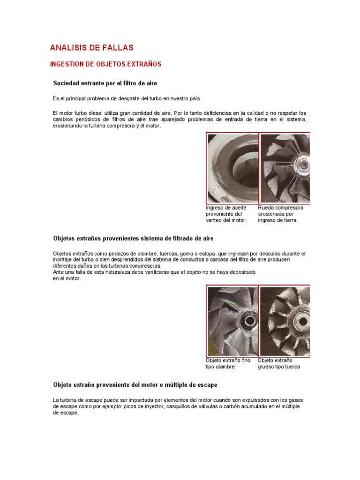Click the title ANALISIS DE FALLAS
91,48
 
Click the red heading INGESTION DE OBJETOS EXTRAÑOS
105,64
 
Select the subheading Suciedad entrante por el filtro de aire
105,83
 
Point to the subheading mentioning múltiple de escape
135,385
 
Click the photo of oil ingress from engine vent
232,168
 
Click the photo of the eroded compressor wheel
285,168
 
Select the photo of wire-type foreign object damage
232,321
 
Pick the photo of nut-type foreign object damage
285,321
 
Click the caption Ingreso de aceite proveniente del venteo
226,214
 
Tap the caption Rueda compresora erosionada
280,214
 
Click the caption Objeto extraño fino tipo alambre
228,363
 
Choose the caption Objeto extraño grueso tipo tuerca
278,363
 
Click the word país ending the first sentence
195,98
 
